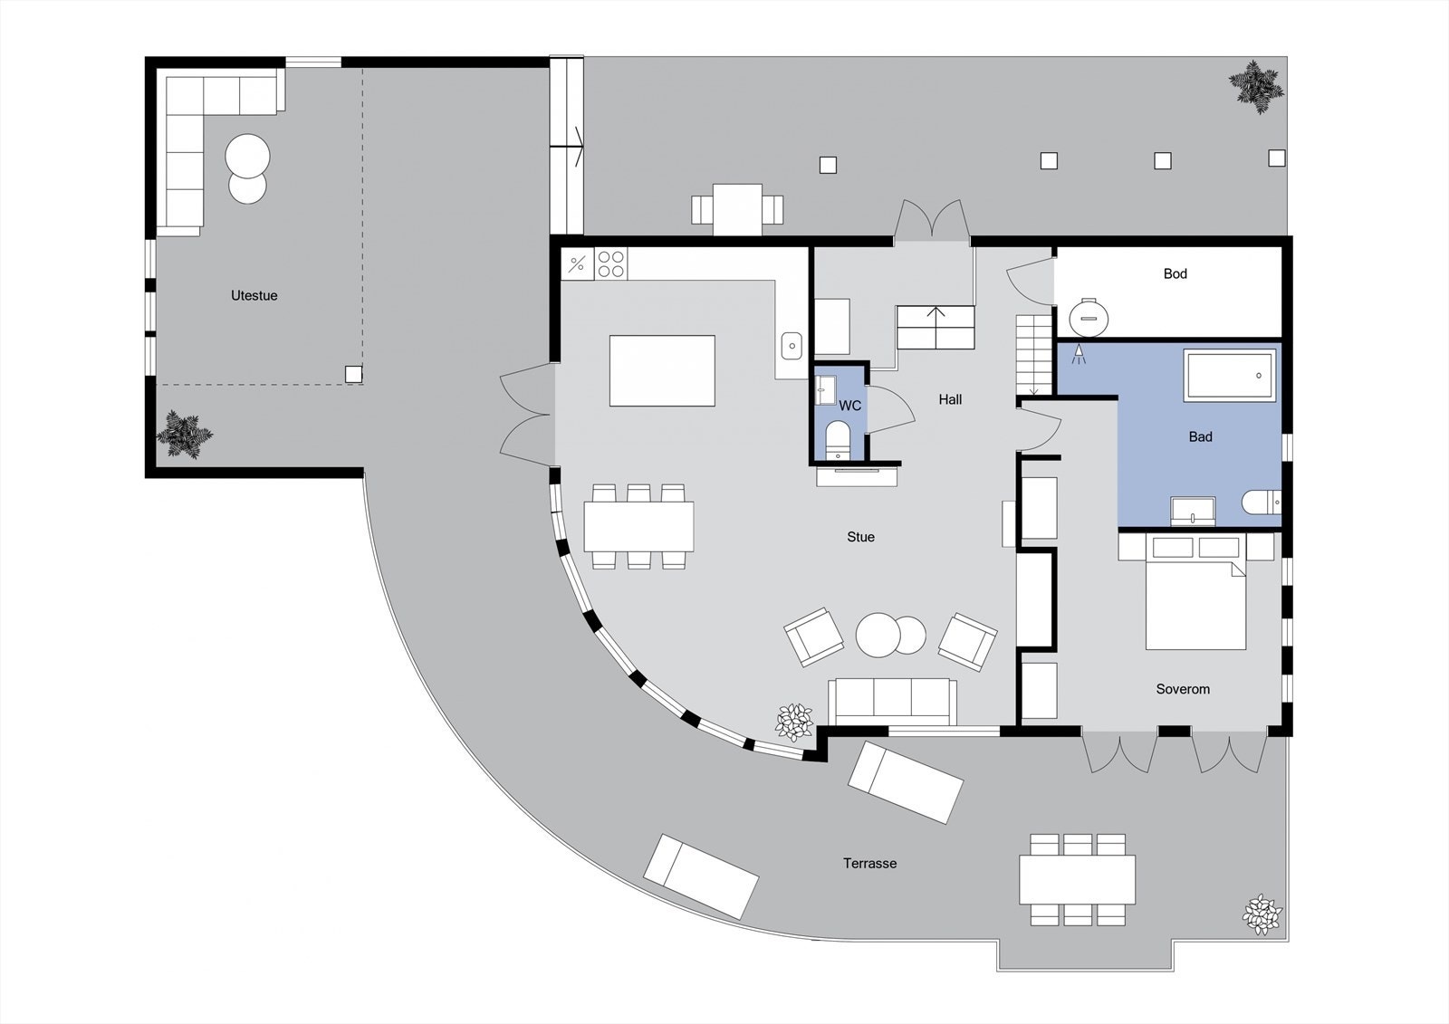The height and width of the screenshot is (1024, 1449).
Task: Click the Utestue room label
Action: pos(254,295)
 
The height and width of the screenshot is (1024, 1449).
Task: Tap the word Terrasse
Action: pos(869,863)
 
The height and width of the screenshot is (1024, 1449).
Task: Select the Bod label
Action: pos(1175,273)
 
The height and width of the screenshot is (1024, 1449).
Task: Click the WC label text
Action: pos(849,406)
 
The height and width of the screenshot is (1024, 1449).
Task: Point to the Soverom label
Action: pos(1182,689)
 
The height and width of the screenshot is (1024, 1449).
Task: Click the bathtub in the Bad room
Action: pos(1230,377)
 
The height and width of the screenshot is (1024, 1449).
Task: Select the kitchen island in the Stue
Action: pos(662,370)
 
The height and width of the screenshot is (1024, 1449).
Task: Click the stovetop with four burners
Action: pos(611,263)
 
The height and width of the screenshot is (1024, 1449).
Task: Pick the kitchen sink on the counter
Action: pos(792,345)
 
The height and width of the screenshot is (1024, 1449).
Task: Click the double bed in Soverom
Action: pos(1195,602)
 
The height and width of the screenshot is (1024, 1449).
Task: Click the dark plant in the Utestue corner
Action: pos(185,435)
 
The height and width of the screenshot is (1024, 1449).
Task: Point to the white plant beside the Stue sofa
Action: pos(795,721)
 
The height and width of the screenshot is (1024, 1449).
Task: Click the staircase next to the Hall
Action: pos(1034,353)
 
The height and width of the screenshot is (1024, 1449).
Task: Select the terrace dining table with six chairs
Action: pos(1077,879)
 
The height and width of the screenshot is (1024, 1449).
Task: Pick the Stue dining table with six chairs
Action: pos(638,526)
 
